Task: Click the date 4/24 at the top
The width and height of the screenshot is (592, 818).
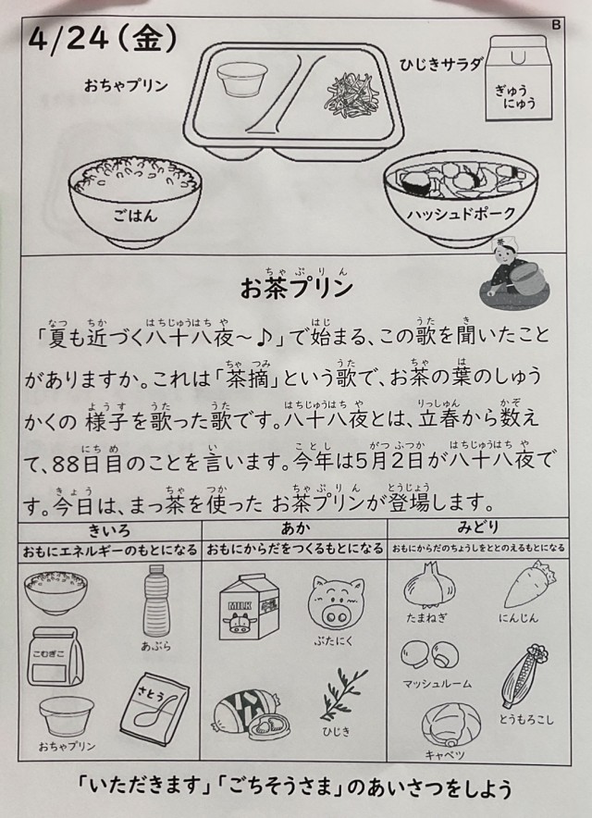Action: click(x=68, y=41)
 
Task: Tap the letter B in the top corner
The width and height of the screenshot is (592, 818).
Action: click(x=556, y=24)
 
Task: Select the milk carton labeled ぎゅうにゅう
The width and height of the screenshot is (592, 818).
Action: click(x=518, y=78)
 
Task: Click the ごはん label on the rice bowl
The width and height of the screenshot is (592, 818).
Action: click(x=135, y=216)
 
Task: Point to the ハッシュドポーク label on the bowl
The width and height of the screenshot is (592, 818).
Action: click(x=461, y=214)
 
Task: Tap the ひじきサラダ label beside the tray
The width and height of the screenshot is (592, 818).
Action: click(x=441, y=65)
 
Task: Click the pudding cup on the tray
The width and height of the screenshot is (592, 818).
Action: click(x=242, y=80)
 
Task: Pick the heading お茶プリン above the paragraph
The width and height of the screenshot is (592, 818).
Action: click(x=296, y=288)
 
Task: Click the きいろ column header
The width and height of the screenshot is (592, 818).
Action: click(x=109, y=530)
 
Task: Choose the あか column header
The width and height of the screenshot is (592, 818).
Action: click(x=295, y=528)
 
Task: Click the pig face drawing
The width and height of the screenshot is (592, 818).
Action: click(x=336, y=603)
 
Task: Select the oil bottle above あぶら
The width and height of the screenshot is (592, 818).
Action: click(x=156, y=600)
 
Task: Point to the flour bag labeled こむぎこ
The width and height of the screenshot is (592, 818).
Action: click(x=55, y=656)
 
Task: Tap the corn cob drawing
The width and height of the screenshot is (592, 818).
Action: click(x=524, y=675)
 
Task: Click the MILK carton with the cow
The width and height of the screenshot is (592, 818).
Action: click(x=250, y=606)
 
